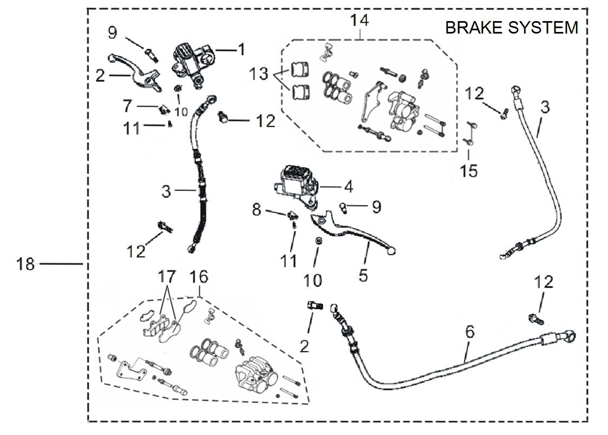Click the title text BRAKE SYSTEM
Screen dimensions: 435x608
click(x=511, y=27)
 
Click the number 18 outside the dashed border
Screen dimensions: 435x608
click(x=25, y=264)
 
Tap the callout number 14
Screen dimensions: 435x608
click(x=359, y=21)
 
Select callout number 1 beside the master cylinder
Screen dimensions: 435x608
click(x=241, y=50)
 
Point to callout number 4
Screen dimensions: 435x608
click(x=348, y=187)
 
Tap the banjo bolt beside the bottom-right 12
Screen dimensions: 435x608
click(x=536, y=319)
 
